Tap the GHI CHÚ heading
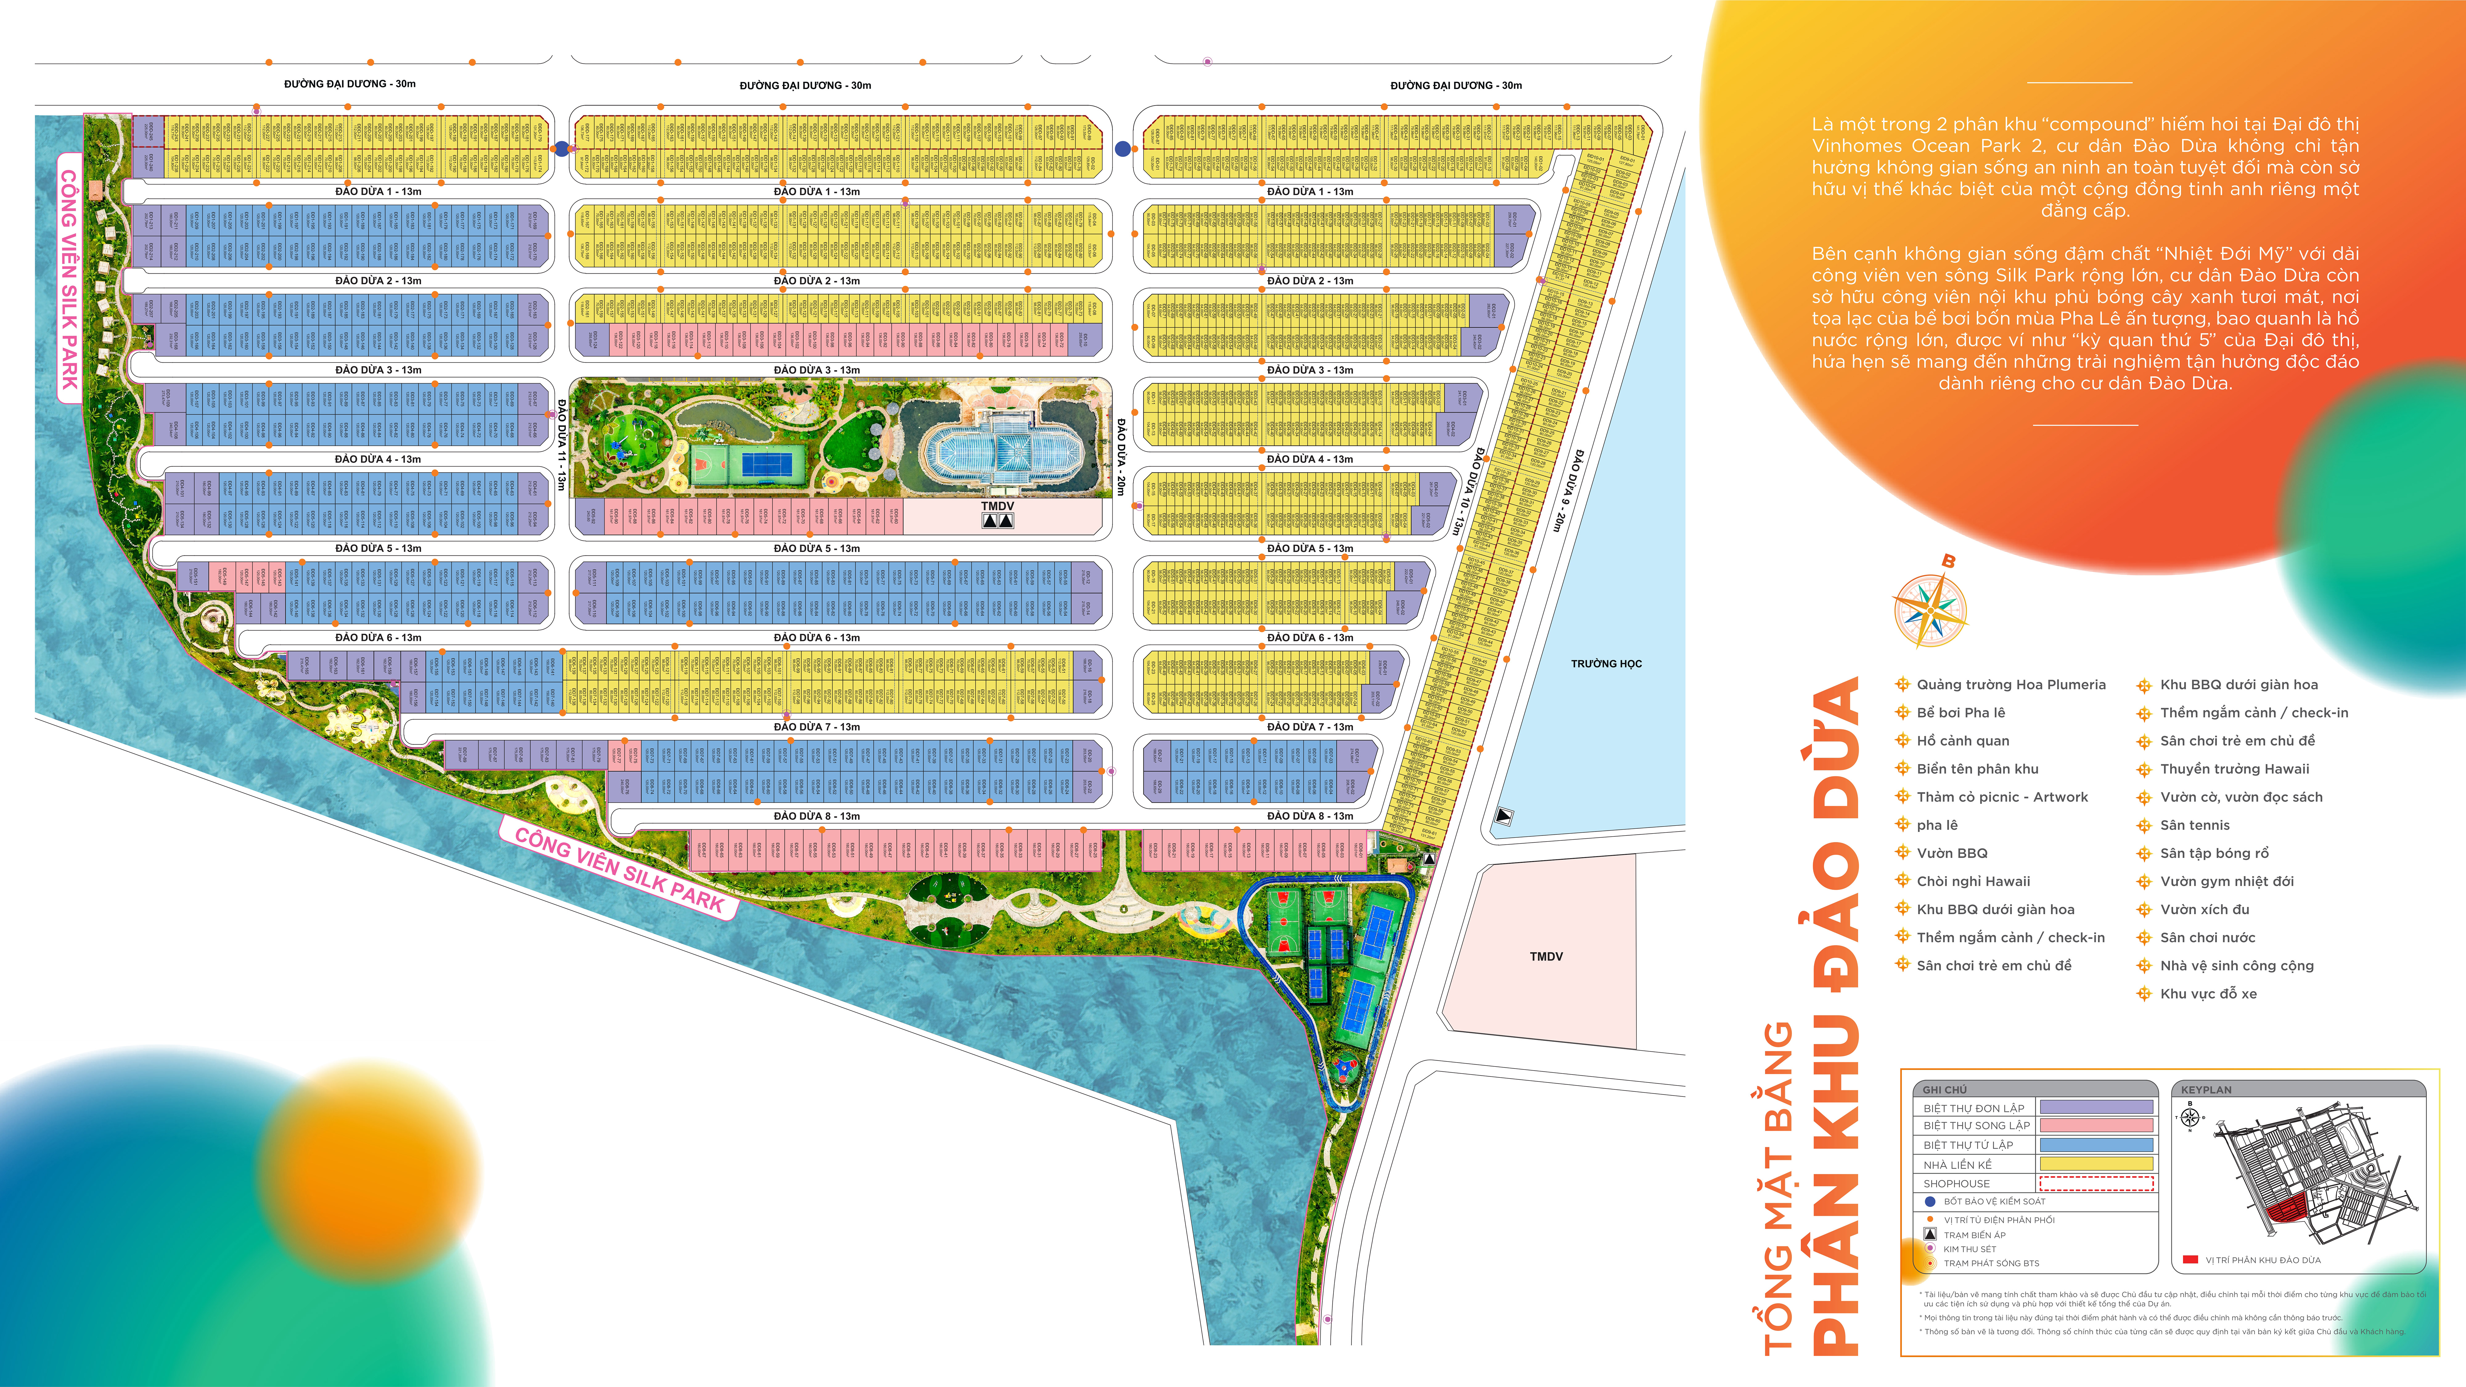[x=1944, y=1089]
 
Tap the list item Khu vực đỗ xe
[x=2207, y=994]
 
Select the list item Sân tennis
[x=2194, y=825]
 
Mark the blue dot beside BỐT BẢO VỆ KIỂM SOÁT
[x=1930, y=1201]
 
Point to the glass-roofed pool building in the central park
[x=996, y=450]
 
